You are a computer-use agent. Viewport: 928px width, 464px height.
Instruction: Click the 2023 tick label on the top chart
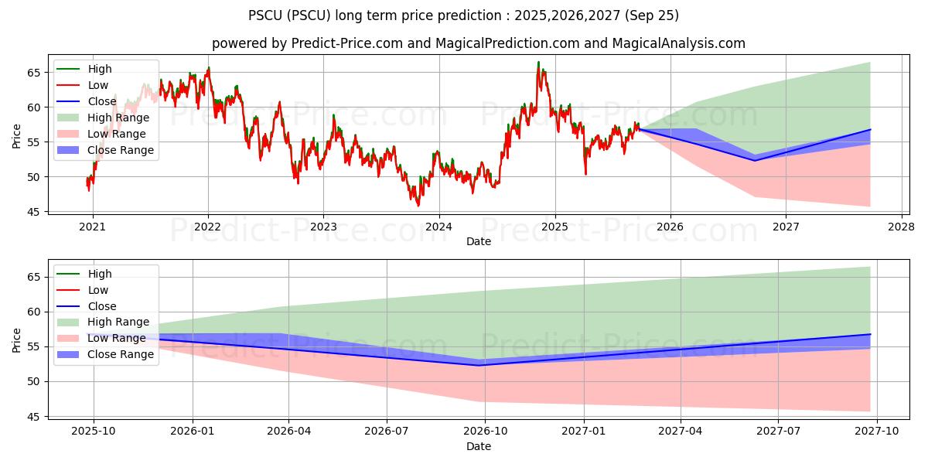point(323,227)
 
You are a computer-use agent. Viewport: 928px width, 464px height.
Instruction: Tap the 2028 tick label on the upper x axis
point(901,227)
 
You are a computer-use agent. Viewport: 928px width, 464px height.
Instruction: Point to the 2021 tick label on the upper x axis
point(93,227)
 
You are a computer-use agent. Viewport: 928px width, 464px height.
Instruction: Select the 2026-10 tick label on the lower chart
point(485,432)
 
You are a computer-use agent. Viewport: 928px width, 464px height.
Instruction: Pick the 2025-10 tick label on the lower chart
point(94,432)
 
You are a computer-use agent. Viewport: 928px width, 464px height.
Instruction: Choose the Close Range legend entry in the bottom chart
point(120,354)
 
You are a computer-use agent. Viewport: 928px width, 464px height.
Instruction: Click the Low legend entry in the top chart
point(98,85)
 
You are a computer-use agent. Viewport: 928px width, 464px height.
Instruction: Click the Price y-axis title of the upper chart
point(16,136)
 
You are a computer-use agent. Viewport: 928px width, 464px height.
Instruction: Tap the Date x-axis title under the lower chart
point(479,446)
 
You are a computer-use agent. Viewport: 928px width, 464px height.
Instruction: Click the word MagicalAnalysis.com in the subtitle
point(679,43)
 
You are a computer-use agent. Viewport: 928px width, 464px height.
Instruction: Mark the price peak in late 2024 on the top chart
point(538,63)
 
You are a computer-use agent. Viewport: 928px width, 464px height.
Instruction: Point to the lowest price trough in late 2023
point(418,205)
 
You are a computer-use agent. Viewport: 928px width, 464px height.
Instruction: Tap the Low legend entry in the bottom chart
point(98,290)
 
